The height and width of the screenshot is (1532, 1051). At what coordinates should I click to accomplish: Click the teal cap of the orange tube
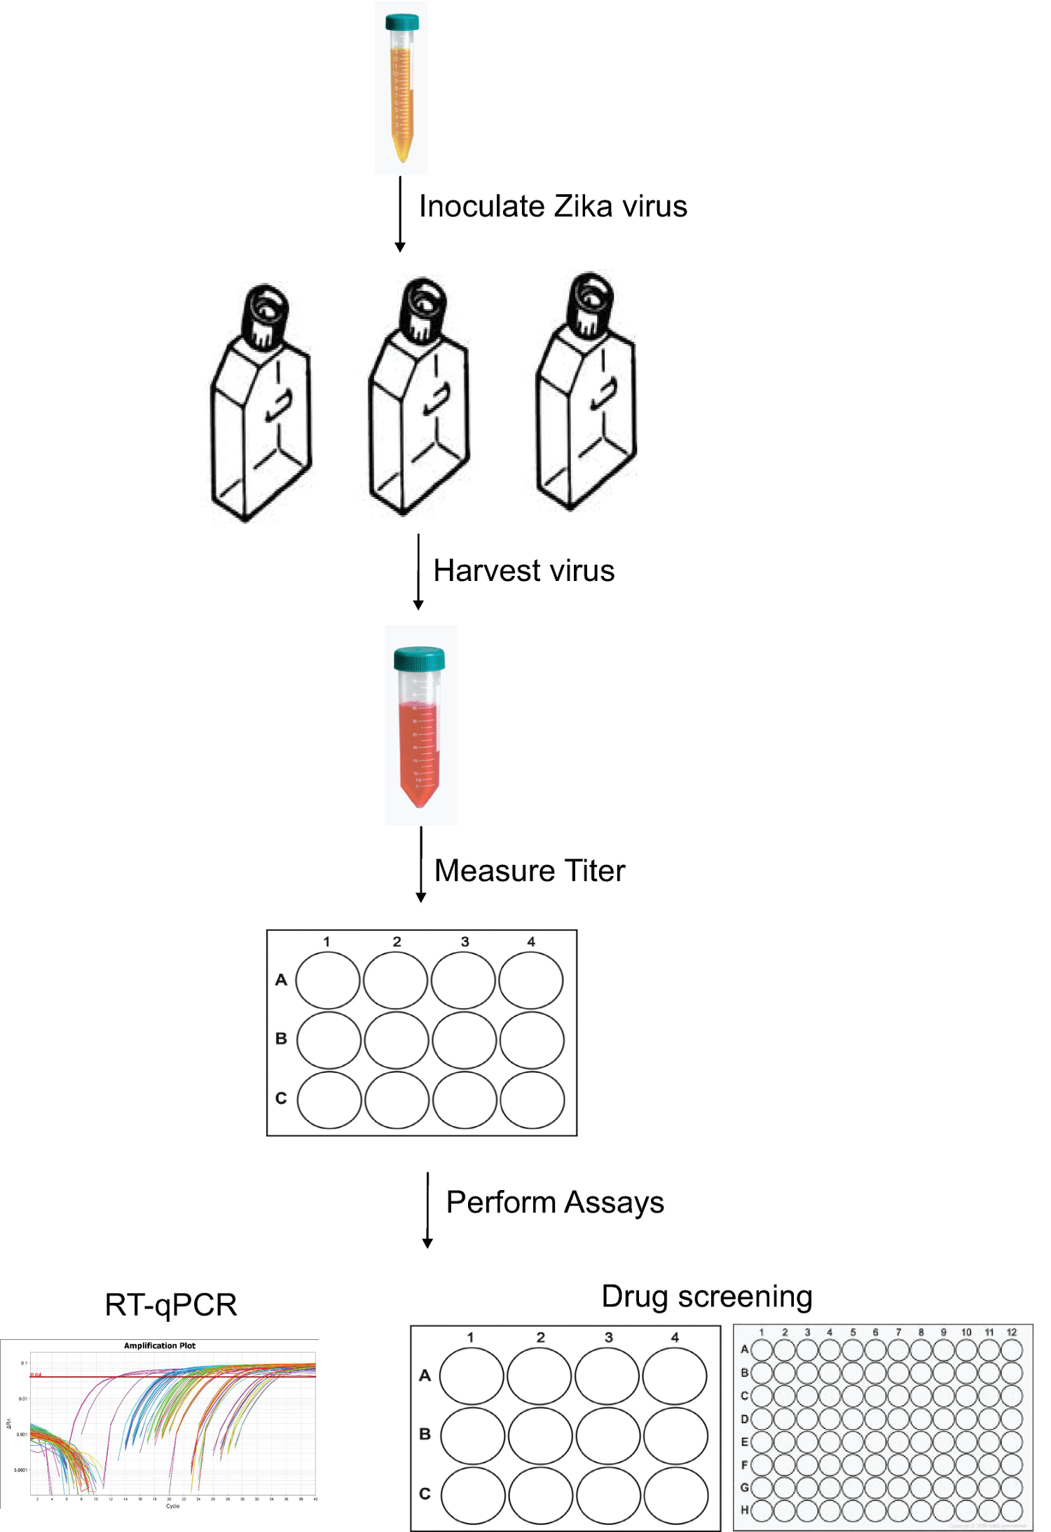(401, 22)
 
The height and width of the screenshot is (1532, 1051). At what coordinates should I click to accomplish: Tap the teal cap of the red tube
(419, 659)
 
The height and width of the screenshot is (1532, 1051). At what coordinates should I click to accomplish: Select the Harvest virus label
(523, 571)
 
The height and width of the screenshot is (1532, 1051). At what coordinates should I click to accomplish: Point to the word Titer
(595, 871)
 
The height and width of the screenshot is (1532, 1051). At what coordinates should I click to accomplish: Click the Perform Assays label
(555, 1203)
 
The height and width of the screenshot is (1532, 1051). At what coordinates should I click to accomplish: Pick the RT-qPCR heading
(171, 1305)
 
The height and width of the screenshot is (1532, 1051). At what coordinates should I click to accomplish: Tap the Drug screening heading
(706, 1297)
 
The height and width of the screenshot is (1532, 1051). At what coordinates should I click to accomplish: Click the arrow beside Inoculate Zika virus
(400, 214)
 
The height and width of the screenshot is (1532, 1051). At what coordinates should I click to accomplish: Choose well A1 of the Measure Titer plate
(328, 980)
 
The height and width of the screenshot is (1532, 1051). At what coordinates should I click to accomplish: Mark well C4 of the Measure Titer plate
(533, 1100)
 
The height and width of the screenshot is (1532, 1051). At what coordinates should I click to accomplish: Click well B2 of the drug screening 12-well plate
(540, 1435)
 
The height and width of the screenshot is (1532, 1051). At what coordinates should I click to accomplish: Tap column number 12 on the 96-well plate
(1011, 1332)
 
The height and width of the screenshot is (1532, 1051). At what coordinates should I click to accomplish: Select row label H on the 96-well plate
(744, 1510)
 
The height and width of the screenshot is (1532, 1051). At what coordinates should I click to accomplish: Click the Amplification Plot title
(160, 1346)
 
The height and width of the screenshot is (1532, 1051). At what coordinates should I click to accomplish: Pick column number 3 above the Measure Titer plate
(465, 942)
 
